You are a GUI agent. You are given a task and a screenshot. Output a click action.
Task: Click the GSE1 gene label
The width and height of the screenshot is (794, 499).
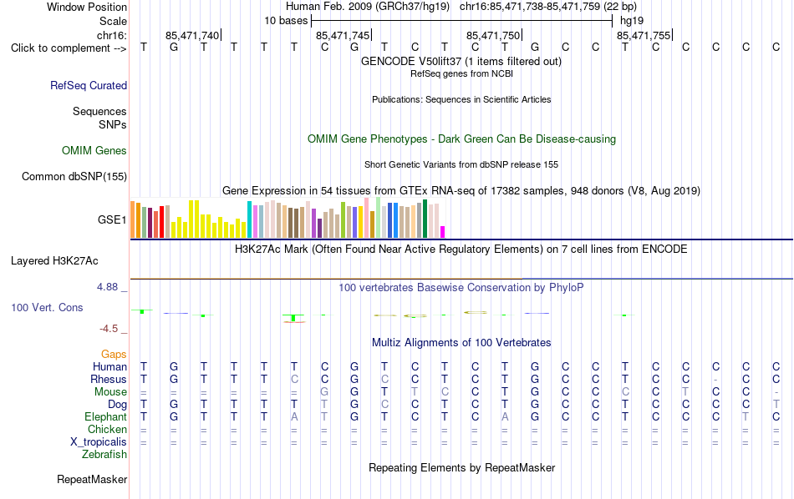tap(112, 219)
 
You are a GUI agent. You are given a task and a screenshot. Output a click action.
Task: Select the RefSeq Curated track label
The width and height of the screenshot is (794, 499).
tap(89, 85)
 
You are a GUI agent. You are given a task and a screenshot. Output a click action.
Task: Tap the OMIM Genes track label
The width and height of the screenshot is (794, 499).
tap(94, 151)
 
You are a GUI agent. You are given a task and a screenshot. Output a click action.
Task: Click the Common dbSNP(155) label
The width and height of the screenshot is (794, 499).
tap(74, 176)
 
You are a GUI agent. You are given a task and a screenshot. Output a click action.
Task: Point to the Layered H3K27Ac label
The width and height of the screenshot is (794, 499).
tap(54, 261)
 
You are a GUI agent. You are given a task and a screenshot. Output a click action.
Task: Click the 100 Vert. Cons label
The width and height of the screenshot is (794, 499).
tap(47, 307)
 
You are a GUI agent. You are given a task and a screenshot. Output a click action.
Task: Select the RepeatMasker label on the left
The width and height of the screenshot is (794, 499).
tap(92, 479)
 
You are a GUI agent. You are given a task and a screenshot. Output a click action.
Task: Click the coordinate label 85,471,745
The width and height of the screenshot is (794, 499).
tap(343, 35)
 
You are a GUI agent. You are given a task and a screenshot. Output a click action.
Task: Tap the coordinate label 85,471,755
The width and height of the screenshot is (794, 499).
tap(644, 35)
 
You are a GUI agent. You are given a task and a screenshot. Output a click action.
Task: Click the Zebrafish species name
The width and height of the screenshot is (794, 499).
tap(104, 455)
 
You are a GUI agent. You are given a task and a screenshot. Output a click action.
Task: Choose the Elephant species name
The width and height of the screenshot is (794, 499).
tap(106, 417)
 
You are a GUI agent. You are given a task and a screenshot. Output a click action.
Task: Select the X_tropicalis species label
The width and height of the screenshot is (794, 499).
tap(99, 442)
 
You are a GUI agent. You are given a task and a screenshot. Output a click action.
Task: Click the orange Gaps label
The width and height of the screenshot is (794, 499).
tap(114, 355)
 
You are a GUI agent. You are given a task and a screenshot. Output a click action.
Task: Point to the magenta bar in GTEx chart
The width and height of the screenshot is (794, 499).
tap(443, 232)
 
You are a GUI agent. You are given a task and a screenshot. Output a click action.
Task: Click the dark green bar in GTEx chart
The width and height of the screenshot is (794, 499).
tap(425, 219)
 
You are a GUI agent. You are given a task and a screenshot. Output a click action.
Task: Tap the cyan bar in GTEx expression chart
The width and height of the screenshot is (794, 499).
tap(250, 219)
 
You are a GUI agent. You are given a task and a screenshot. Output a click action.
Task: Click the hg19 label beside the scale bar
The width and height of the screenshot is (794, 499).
tap(632, 21)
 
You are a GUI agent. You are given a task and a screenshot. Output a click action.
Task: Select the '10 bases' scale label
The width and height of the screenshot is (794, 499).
tap(286, 21)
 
